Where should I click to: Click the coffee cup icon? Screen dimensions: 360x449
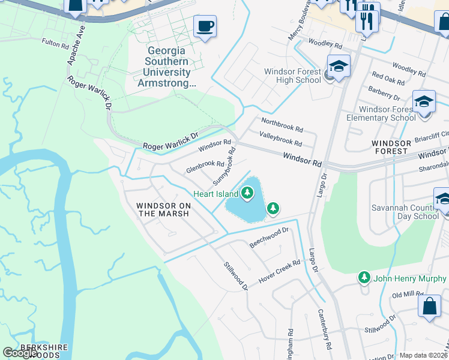[x=205, y=26]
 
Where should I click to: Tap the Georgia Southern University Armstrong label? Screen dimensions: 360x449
[x=167, y=67]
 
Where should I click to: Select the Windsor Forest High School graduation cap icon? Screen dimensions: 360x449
[x=339, y=67]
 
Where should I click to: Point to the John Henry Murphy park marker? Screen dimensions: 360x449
[x=364, y=278]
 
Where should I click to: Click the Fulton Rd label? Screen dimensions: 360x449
[x=58, y=43]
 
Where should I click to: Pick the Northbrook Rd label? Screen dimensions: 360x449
[x=282, y=125]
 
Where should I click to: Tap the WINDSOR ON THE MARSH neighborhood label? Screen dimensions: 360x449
[x=164, y=209]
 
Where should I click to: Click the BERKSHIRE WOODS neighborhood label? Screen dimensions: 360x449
[x=40, y=351]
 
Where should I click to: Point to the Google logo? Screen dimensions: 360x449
[x=20, y=353]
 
